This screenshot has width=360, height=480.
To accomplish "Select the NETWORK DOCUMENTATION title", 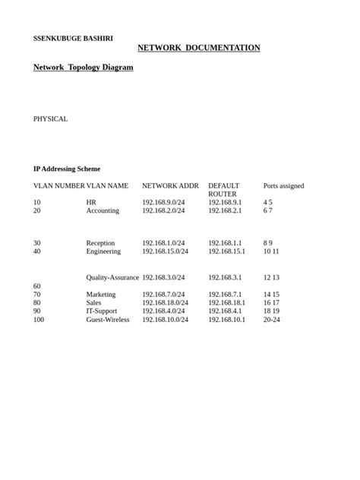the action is pyautogui.click(x=199, y=48).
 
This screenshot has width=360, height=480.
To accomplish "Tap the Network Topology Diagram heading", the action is pyautogui.click(x=83, y=68).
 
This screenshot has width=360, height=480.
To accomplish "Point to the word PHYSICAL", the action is pyautogui.click(x=50, y=118).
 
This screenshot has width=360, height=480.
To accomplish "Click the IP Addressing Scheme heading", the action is pyautogui.click(x=66, y=169).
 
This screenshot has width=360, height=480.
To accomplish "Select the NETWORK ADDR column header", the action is pyautogui.click(x=170, y=185).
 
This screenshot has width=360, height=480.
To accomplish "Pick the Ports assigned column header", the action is pyautogui.click(x=283, y=185).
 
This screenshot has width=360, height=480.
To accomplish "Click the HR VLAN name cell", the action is pyautogui.click(x=91, y=203).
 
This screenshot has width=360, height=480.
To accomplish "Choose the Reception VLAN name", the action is pyautogui.click(x=101, y=243).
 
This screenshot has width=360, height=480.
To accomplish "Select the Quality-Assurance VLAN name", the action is pyautogui.click(x=112, y=278).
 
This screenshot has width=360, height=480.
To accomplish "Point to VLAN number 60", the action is pyautogui.click(x=37, y=286).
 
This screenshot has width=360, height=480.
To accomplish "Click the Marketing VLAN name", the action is pyautogui.click(x=101, y=295).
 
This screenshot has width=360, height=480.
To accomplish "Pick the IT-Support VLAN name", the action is pyautogui.click(x=103, y=311).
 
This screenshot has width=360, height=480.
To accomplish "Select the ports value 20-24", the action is pyautogui.click(x=272, y=320).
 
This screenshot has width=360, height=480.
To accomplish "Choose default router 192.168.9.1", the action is pyautogui.click(x=225, y=203).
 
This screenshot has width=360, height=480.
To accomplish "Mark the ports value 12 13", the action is pyautogui.click(x=271, y=278).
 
